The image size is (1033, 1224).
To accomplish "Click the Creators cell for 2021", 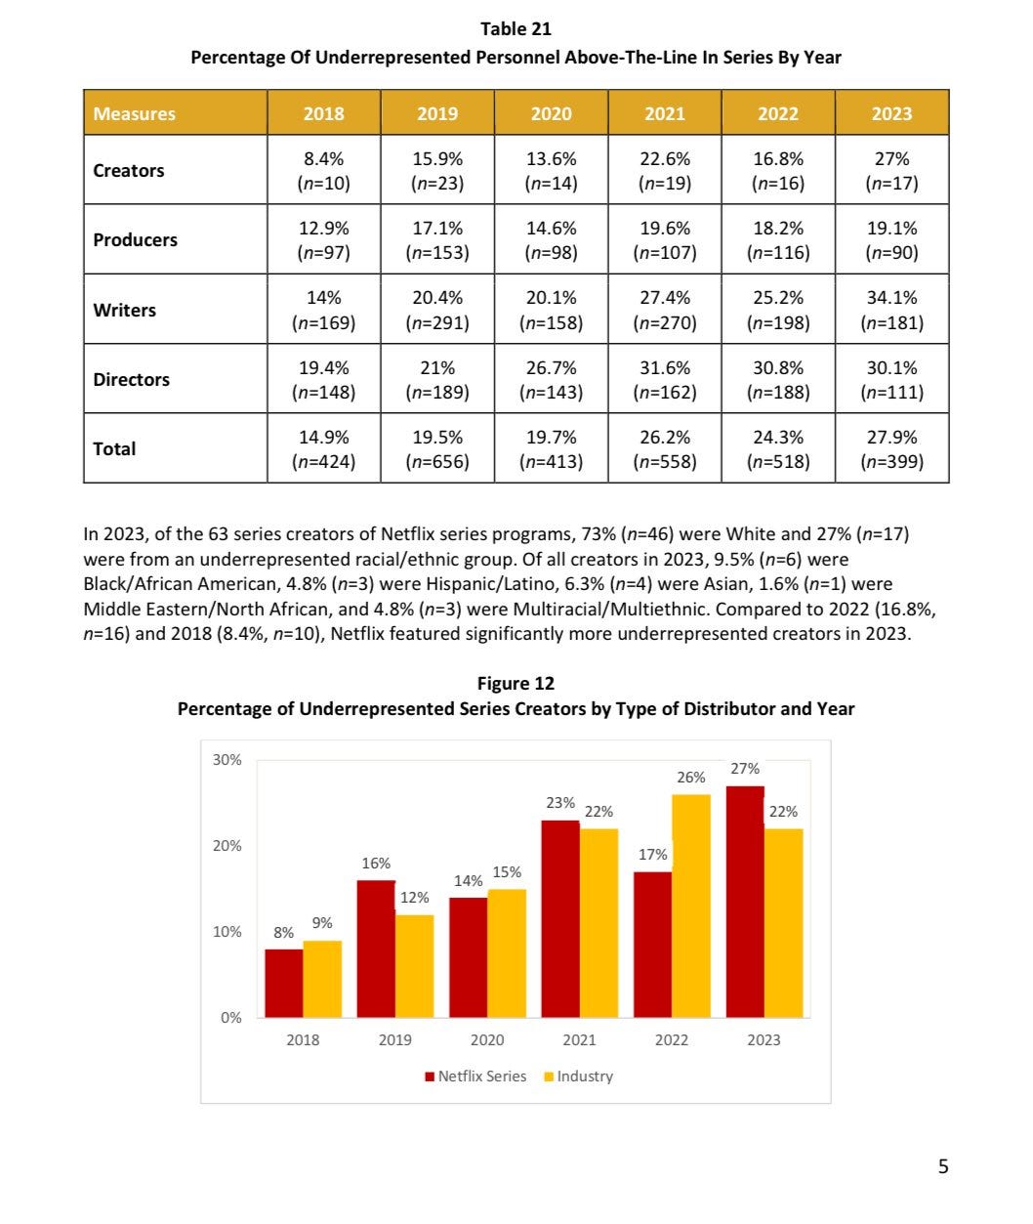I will tap(664, 170).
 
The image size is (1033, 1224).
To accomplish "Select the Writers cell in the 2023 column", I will tap(891, 310).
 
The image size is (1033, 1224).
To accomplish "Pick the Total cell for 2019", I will tap(437, 448).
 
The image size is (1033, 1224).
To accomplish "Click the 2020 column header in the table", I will tap(551, 113).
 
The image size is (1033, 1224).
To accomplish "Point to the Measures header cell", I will tap(135, 113).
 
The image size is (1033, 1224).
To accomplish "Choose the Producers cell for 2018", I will tap(323, 239).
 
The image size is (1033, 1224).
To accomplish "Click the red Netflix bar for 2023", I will tap(745, 901).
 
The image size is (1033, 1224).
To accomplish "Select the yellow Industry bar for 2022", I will tap(691, 906).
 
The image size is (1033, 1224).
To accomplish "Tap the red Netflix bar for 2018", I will tap(284, 983).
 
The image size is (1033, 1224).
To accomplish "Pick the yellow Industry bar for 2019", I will tap(414, 965).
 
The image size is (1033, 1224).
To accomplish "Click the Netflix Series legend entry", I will tap(475, 1076).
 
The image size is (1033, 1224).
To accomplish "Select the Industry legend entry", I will tap(579, 1076).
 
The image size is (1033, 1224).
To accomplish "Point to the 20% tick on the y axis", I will tap(227, 845).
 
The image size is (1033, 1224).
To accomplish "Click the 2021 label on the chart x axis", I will tap(579, 1039).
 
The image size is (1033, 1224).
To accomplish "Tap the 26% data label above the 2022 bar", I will tap(691, 778).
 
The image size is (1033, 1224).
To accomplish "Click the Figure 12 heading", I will tap(516, 684).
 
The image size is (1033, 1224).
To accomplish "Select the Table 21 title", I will tap(516, 30).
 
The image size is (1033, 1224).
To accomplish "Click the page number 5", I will tap(942, 1165).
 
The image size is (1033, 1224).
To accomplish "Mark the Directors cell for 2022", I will tap(778, 379).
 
